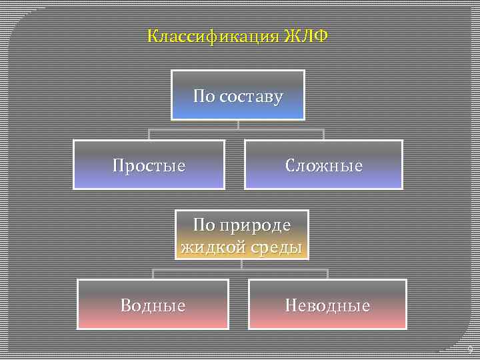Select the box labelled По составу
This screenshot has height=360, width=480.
click(238, 95)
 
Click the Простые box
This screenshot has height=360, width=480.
click(149, 165)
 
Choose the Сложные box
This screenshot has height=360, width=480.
click(324, 165)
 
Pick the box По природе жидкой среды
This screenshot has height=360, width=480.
click(243, 235)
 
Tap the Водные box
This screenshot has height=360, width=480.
click(153, 305)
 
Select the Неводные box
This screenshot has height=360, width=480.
click(327, 305)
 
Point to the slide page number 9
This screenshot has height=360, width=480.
click(470, 350)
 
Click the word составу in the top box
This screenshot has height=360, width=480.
click(250, 97)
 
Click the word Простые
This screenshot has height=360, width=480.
click(149, 165)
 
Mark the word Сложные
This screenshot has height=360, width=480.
click(324, 165)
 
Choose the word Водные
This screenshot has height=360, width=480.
click(153, 305)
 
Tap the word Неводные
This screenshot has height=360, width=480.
click(327, 305)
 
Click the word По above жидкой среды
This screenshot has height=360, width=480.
click(204, 225)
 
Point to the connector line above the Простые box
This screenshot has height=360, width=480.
click(149, 133)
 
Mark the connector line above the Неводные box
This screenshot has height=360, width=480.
click(327, 273)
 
